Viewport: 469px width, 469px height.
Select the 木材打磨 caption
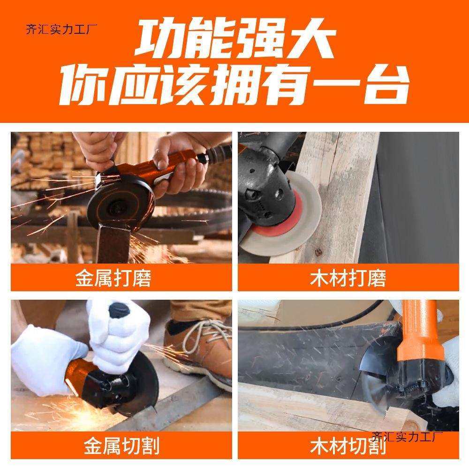pyautogui.click(x=348, y=279)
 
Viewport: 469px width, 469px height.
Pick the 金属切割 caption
pyautogui.click(x=121, y=446)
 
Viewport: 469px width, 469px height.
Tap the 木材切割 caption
pyautogui.click(x=348, y=446)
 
